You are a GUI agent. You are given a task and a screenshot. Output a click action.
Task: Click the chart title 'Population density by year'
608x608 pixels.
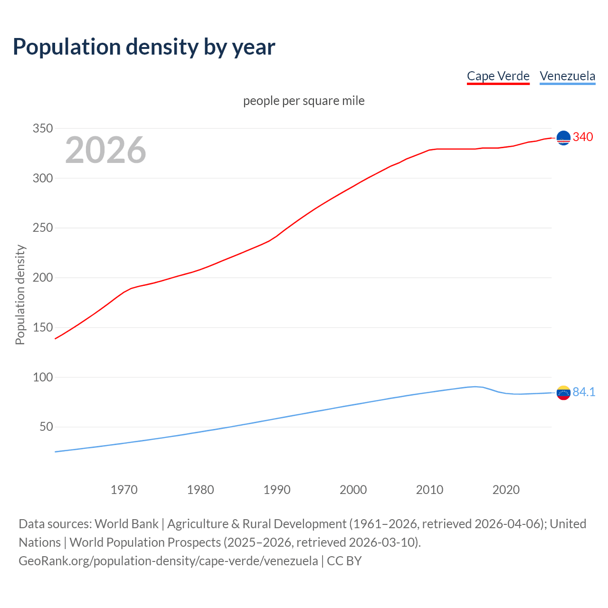(x=144, y=47)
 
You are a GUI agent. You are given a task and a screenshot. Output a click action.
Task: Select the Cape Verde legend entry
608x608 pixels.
(x=498, y=76)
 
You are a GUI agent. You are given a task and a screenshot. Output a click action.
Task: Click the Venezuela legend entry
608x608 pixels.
(x=567, y=76)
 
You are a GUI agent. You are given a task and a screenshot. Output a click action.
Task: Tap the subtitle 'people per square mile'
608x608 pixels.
(x=304, y=101)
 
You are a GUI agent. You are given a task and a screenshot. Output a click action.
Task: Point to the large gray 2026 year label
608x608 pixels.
(x=105, y=150)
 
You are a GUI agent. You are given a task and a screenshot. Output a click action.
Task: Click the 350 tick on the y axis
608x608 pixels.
(x=42, y=128)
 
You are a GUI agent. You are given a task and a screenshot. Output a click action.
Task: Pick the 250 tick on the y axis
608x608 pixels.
(x=42, y=228)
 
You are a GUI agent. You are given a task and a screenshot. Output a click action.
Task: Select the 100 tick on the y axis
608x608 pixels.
(x=42, y=377)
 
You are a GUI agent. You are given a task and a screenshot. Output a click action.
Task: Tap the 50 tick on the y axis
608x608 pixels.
(x=46, y=427)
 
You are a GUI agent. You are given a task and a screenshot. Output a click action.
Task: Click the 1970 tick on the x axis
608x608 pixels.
(x=124, y=490)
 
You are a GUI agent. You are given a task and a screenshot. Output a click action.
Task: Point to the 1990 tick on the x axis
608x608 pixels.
(x=277, y=490)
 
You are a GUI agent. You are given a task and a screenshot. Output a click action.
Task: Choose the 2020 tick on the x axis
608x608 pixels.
(x=506, y=490)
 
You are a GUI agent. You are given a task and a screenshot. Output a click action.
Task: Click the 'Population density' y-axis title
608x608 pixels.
(x=20, y=294)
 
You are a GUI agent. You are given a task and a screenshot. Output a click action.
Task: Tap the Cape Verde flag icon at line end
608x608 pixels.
(x=563, y=138)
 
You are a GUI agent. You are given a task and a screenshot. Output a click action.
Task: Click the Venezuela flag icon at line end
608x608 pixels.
(x=563, y=393)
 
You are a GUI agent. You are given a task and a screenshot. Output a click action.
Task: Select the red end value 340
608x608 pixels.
(x=583, y=137)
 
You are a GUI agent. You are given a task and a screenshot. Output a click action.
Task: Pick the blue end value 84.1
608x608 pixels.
(x=584, y=392)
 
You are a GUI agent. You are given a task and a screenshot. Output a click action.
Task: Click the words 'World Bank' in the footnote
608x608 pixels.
(x=126, y=524)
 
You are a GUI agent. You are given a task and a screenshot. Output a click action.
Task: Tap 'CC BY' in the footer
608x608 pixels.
(x=344, y=561)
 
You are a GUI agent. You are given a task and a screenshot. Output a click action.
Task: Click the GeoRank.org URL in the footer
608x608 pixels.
(x=168, y=561)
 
